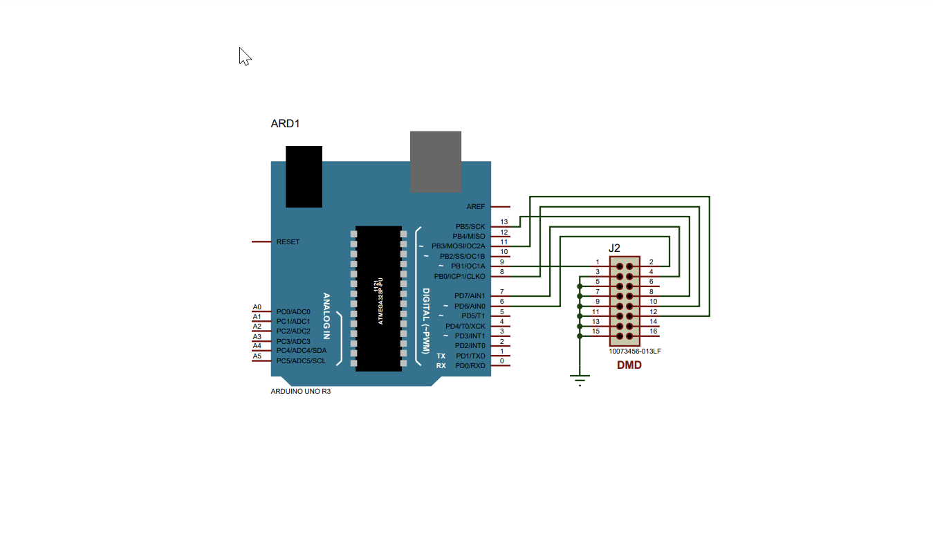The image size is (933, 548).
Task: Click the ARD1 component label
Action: [x=285, y=124]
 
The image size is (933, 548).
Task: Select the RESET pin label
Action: [x=288, y=242]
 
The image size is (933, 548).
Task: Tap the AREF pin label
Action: [x=476, y=207]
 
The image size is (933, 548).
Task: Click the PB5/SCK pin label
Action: [x=470, y=227]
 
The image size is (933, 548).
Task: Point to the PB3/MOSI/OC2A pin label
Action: [x=459, y=246]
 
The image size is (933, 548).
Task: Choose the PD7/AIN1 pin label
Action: [x=470, y=296]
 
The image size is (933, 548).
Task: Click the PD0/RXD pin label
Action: [x=470, y=365]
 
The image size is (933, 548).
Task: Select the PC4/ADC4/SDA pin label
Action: [x=301, y=351]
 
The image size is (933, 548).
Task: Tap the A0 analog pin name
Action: [x=257, y=307]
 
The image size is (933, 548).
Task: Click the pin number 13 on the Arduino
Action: [x=504, y=222]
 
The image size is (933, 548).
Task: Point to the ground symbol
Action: [x=580, y=379]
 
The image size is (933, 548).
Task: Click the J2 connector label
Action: [x=614, y=248]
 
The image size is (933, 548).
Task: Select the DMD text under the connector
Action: [x=629, y=365]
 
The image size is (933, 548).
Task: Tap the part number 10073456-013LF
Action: [x=634, y=351]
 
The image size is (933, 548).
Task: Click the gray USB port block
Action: [x=435, y=161]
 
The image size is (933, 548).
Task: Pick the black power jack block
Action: [x=304, y=176]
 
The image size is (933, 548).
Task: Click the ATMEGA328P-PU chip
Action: [x=378, y=298]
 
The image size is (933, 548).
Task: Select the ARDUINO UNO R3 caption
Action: [x=300, y=392]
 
